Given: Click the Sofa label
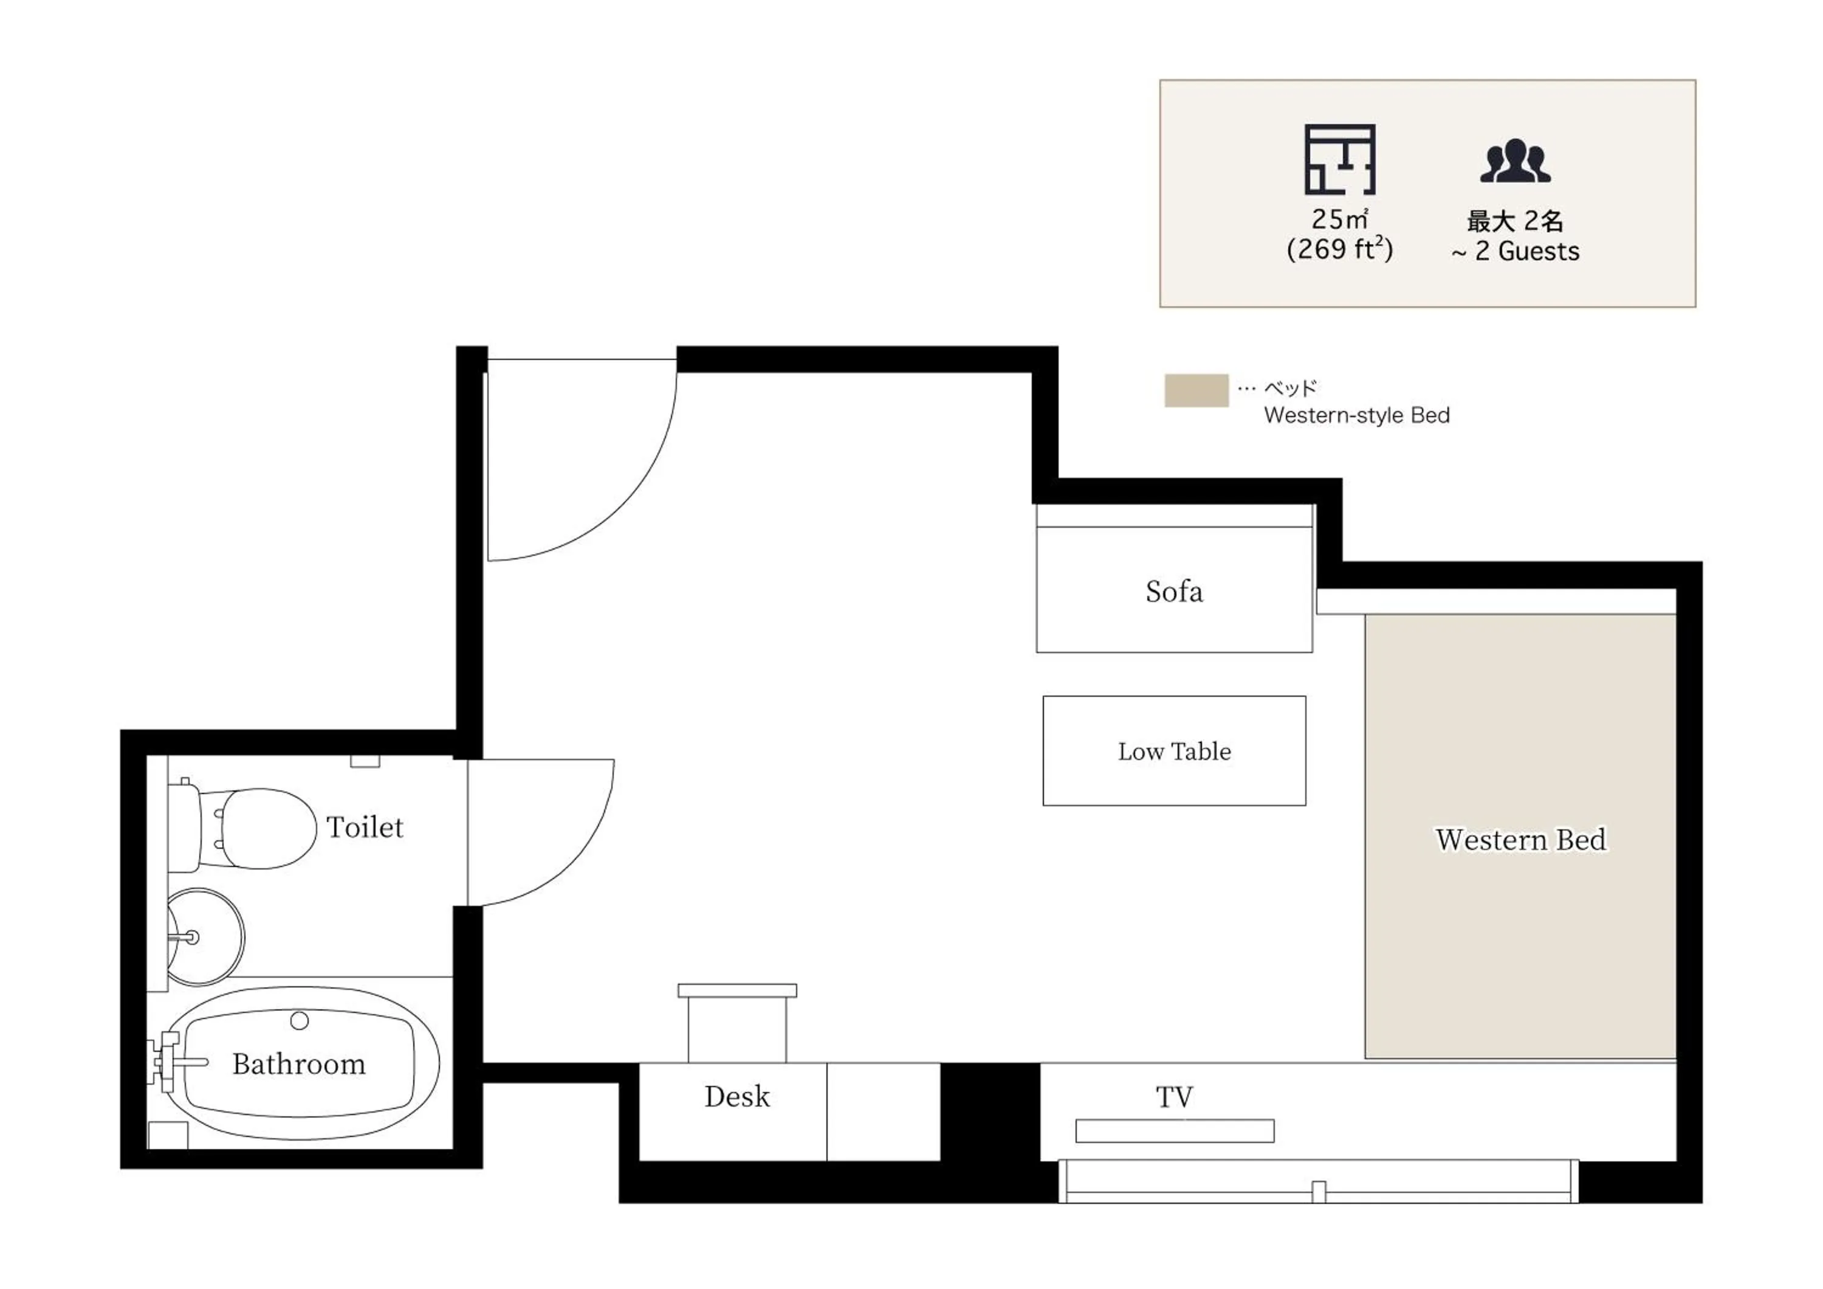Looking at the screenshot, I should (1173, 592).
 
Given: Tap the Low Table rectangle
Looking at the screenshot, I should (1173, 752).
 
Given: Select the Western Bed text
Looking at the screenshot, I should (1520, 840).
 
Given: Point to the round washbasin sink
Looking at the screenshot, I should (205, 937).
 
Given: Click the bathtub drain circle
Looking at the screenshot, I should (300, 1020).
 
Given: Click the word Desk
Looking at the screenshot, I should (737, 1097).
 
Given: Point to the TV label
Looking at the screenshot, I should (1173, 1097).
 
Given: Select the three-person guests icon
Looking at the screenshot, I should (1514, 161).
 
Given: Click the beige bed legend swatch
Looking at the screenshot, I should (1196, 391).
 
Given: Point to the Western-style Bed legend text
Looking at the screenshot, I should (1356, 415).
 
